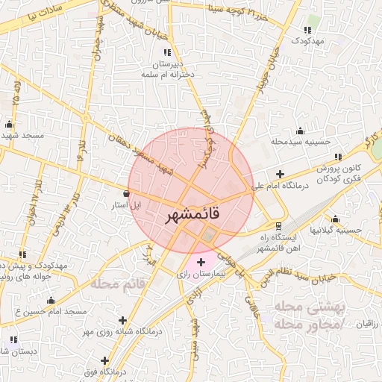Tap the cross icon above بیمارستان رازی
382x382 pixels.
click(200, 262)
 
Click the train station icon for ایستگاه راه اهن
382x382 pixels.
click(278, 225)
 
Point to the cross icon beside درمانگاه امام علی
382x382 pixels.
click(279, 174)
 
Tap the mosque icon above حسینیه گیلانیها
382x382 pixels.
click(335, 219)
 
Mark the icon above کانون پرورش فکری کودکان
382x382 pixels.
click(338, 157)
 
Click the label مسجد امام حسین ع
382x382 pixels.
click(52, 310)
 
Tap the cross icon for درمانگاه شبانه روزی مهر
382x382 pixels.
click(122, 320)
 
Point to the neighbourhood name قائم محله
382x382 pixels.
click(116, 284)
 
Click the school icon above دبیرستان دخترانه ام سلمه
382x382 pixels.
click(167, 52)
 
